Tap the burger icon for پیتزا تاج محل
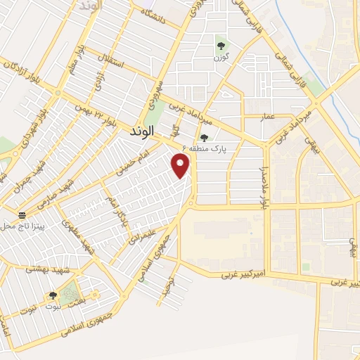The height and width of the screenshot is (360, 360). point(22,214)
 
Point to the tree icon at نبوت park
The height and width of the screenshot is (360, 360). point(53,296)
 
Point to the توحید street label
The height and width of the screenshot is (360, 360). point(166,284)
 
